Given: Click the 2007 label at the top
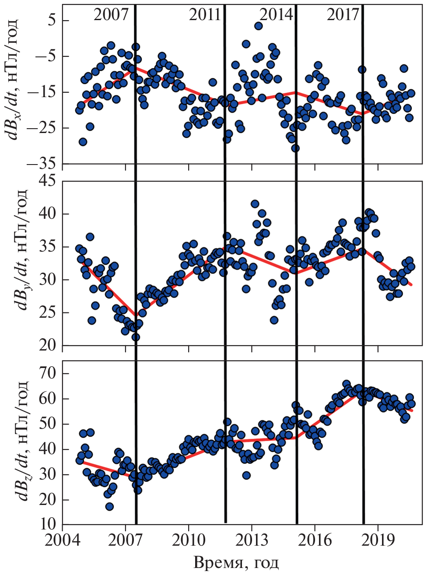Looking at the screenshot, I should (111, 14).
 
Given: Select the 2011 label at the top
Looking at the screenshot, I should (205, 14).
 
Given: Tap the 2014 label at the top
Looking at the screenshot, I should (276, 14).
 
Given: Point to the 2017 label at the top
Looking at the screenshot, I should (343, 14).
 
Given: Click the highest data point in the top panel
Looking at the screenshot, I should (258, 26).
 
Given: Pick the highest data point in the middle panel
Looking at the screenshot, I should (255, 204).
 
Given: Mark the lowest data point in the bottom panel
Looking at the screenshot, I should (109, 506).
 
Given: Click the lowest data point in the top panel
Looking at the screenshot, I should (295, 148).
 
